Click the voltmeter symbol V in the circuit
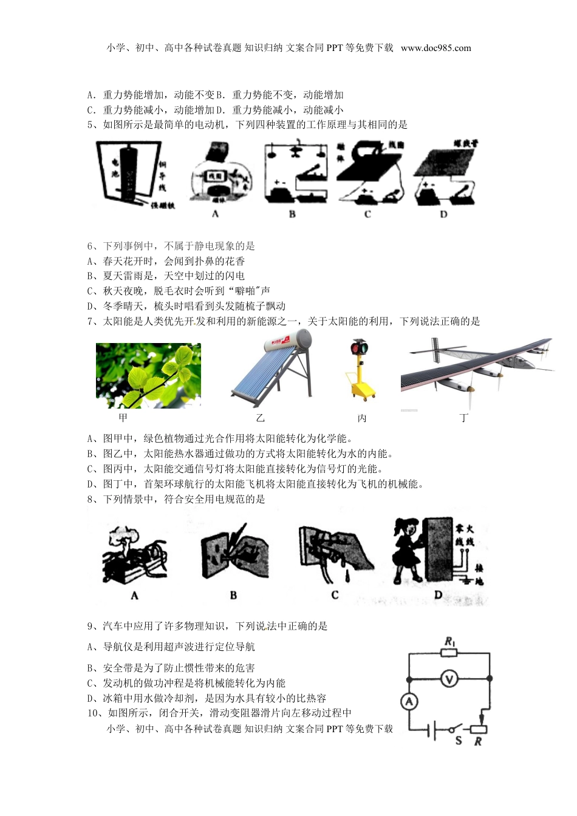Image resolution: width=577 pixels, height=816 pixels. [x=449, y=679]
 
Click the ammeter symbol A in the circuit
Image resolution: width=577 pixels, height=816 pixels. [x=409, y=702]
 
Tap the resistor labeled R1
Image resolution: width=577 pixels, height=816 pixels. [x=449, y=653]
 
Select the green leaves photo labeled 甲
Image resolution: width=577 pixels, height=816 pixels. [x=148, y=375]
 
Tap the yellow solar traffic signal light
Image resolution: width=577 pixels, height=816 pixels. [x=363, y=369]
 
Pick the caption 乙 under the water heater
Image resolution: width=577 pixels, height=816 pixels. [x=261, y=418]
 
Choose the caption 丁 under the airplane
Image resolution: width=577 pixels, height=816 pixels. [x=465, y=418]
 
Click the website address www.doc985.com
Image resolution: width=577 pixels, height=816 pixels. [x=435, y=48]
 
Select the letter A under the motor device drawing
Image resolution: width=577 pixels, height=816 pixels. [x=215, y=214]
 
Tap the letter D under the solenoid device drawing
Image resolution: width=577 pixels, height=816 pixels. [x=443, y=214]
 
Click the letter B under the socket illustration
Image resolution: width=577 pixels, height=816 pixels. [x=233, y=595]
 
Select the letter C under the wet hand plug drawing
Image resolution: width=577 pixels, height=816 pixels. [x=335, y=595]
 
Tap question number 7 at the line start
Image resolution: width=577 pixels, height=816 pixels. [x=92, y=321]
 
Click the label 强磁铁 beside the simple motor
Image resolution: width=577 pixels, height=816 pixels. [x=162, y=206]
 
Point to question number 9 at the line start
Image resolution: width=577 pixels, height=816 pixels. [x=92, y=626]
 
